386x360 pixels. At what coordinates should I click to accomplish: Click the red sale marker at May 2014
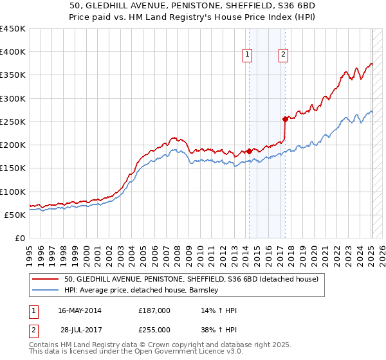pyautogui.click(x=249, y=151)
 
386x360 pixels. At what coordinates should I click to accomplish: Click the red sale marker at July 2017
pyautogui.click(x=285, y=119)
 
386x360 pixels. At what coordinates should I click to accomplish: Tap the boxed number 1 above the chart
pyautogui.click(x=247, y=55)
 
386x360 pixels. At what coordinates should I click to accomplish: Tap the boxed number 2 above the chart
pyautogui.click(x=283, y=55)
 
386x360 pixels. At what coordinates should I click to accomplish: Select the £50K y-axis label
pyautogui.click(x=14, y=215)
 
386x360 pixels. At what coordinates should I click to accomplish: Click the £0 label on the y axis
pyautogui.click(x=19, y=238)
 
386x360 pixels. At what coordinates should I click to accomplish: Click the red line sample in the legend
pyautogui.click(x=46, y=279)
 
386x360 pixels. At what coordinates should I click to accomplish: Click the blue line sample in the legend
pyautogui.click(x=46, y=290)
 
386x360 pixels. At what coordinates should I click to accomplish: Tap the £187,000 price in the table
pyautogui.click(x=154, y=310)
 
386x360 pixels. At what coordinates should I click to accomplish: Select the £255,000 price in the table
pyautogui.click(x=154, y=329)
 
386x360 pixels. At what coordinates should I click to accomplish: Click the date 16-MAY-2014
pyautogui.click(x=80, y=310)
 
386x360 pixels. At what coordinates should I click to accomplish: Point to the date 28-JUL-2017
pyautogui.click(x=81, y=329)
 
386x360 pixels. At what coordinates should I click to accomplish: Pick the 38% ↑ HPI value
pyautogui.click(x=219, y=329)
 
